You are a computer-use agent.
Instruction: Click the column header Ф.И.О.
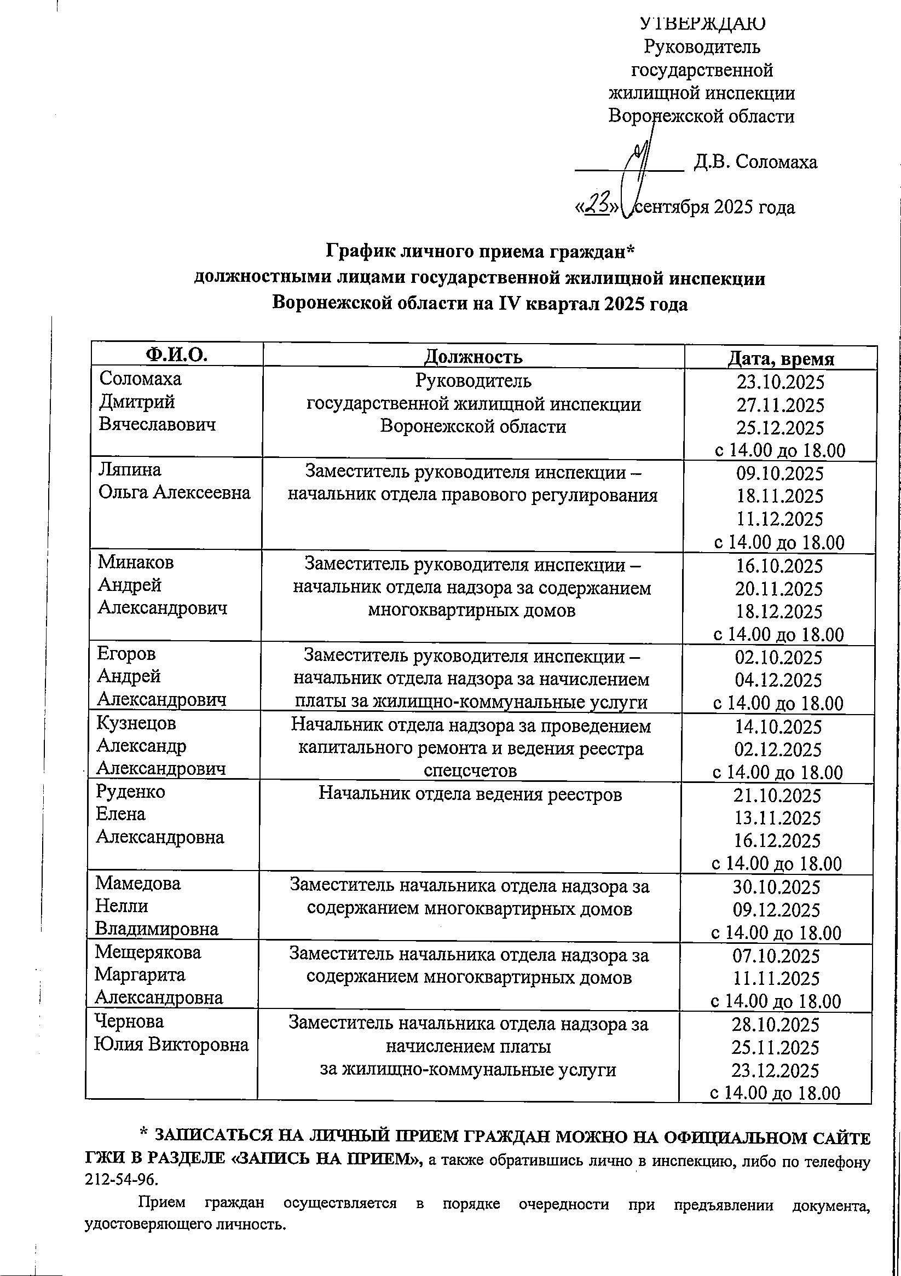click(176, 355)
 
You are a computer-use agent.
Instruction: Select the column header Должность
click(473, 356)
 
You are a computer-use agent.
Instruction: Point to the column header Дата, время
click(781, 358)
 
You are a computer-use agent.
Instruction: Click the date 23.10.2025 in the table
click(781, 382)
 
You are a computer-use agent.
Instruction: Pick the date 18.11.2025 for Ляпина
click(779, 496)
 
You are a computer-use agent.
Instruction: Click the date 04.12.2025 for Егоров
click(778, 680)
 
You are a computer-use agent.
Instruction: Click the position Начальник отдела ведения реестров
click(470, 793)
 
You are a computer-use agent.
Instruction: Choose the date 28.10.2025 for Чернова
click(776, 1024)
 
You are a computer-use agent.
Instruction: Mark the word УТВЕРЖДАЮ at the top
click(702, 24)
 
